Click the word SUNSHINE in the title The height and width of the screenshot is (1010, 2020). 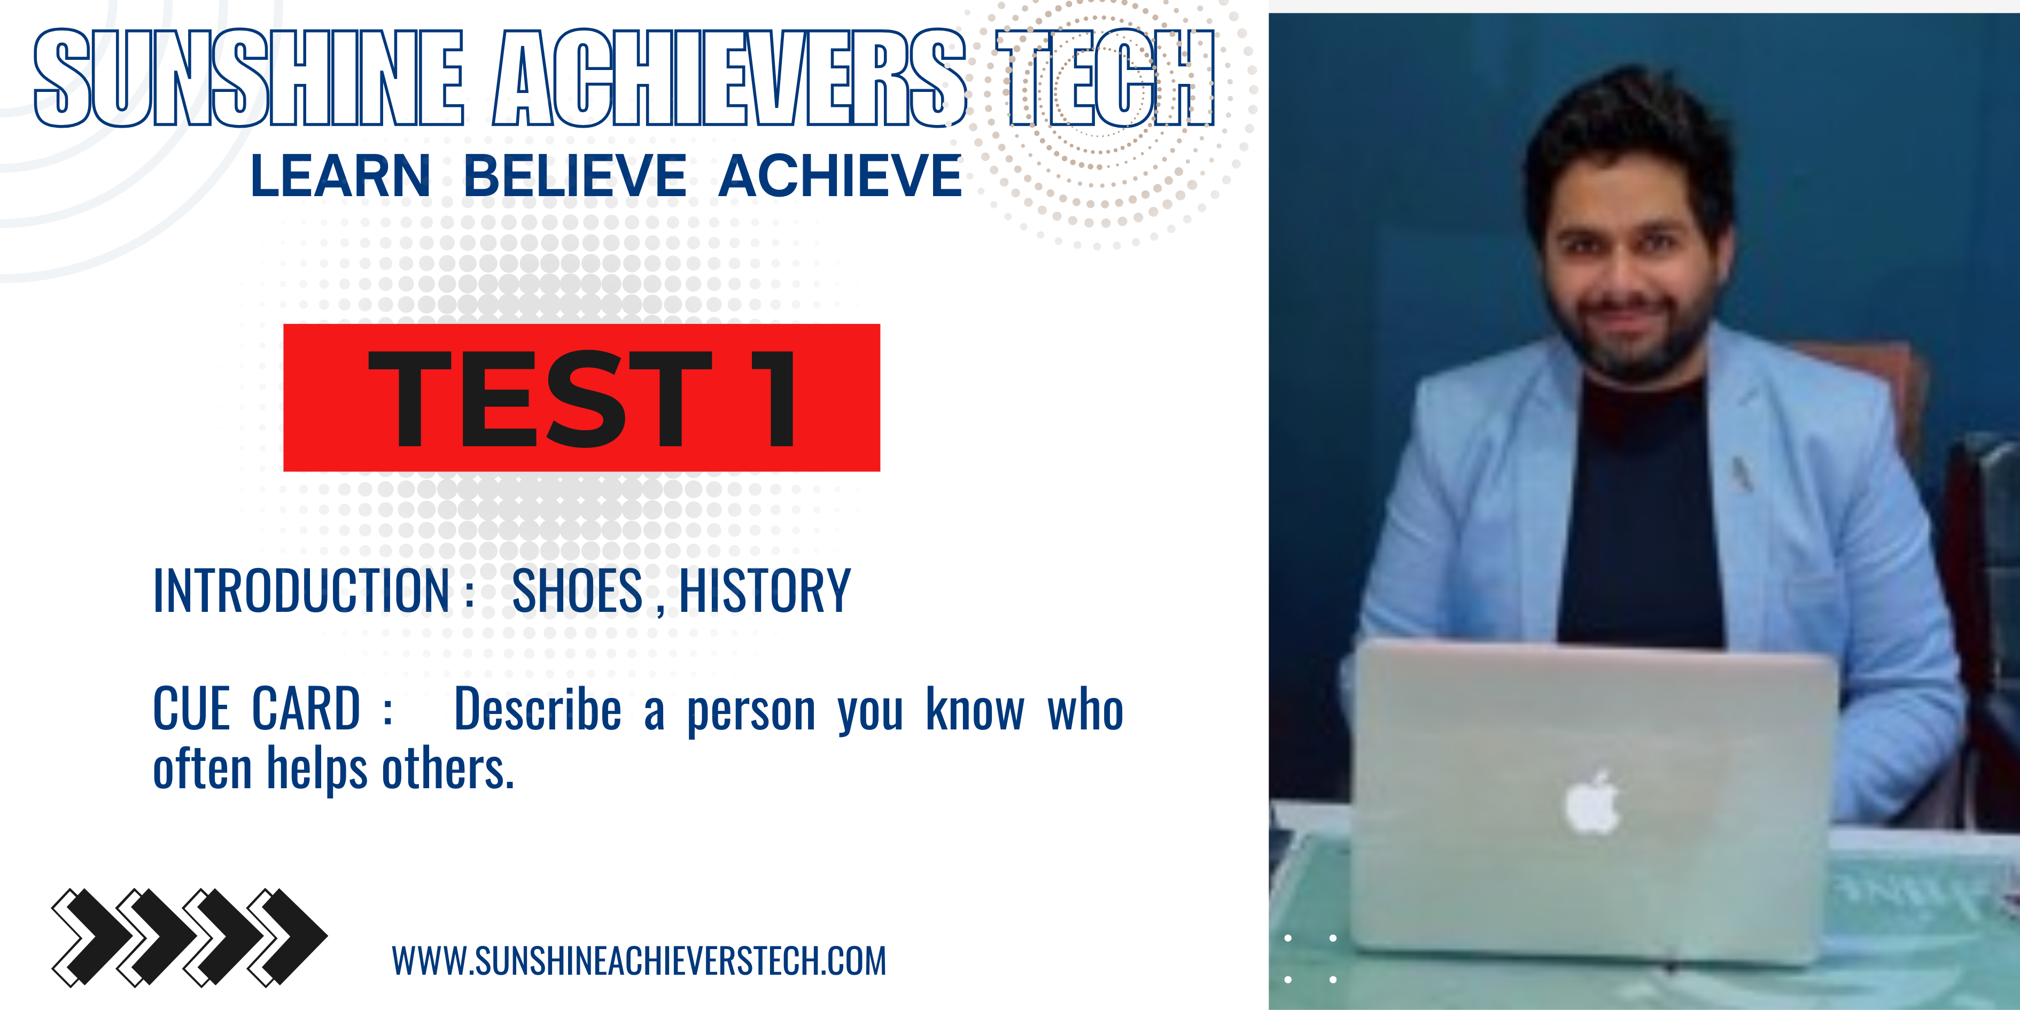[x=250, y=79]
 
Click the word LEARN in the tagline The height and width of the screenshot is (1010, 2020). [x=339, y=176]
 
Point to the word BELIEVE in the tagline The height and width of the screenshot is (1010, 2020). [x=575, y=176]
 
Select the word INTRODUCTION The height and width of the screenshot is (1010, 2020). [x=302, y=591]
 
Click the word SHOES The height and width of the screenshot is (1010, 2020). [x=577, y=591]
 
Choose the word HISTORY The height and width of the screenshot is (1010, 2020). [x=765, y=591]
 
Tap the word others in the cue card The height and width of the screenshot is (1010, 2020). [x=447, y=768]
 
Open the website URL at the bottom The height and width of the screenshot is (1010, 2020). [x=639, y=961]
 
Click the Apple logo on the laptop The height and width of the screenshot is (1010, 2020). [x=1592, y=804]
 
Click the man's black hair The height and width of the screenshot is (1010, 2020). [x=1627, y=133]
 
